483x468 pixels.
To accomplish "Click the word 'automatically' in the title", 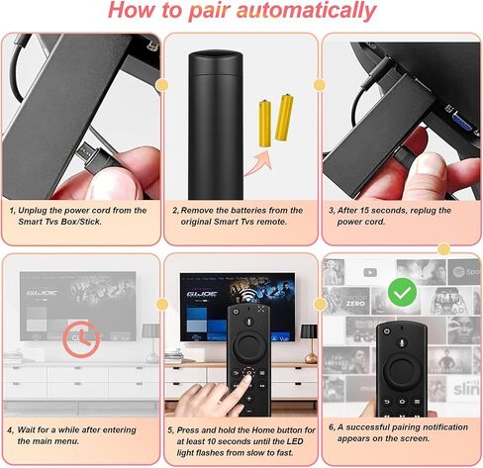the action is (x=306, y=11).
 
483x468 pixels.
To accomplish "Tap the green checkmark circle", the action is (x=402, y=292).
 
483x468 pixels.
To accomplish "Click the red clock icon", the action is (x=81, y=339).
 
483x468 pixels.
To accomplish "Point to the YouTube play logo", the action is (x=370, y=272).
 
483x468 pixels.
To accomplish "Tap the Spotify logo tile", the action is (x=464, y=272).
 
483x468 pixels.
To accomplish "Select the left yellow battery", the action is (x=265, y=123).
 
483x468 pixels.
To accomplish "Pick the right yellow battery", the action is (x=284, y=117).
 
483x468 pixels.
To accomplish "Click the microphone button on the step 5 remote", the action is (x=248, y=322).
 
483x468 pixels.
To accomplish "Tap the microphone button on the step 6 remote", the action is (x=402, y=343).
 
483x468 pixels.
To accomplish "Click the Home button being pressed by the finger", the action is (x=248, y=373).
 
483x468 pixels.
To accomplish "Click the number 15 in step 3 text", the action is (x=365, y=211).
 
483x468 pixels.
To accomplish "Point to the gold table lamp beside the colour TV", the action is (x=310, y=343).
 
